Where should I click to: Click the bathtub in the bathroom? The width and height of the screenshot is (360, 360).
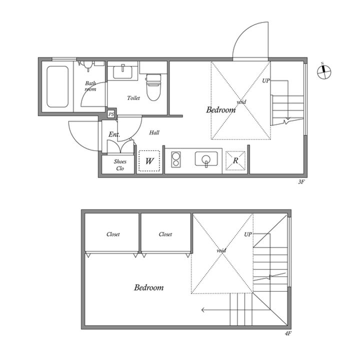click(x=57, y=87)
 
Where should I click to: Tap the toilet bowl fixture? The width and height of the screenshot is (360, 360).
click(x=153, y=87)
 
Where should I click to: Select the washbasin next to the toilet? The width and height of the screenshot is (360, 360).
click(x=122, y=71)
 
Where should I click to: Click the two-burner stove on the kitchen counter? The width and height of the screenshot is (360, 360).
click(x=176, y=159)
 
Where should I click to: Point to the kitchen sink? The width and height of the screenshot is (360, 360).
click(x=206, y=158)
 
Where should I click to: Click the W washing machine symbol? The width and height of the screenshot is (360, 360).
click(x=149, y=160)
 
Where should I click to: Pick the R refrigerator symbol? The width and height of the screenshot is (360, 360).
click(x=235, y=160)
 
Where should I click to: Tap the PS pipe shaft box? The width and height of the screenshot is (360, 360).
click(x=111, y=114)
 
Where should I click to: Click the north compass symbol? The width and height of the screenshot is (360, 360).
click(x=324, y=71)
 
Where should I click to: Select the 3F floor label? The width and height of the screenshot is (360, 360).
click(x=301, y=182)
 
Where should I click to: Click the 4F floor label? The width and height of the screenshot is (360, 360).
click(x=288, y=333)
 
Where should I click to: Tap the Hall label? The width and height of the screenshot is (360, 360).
click(x=154, y=132)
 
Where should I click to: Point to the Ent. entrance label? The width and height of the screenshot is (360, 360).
click(x=114, y=134)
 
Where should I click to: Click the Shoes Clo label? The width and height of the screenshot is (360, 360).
click(x=120, y=165)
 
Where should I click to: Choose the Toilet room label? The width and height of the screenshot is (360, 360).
click(x=133, y=98)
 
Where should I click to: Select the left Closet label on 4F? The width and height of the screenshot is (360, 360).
click(x=113, y=234)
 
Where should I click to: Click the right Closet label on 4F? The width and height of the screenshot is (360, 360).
click(x=165, y=234)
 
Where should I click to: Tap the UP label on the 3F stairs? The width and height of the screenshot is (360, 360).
click(x=266, y=80)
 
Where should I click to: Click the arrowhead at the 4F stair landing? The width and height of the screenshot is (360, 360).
click(x=202, y=310)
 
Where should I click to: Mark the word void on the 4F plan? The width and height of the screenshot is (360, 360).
click(x=221, y=250)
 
